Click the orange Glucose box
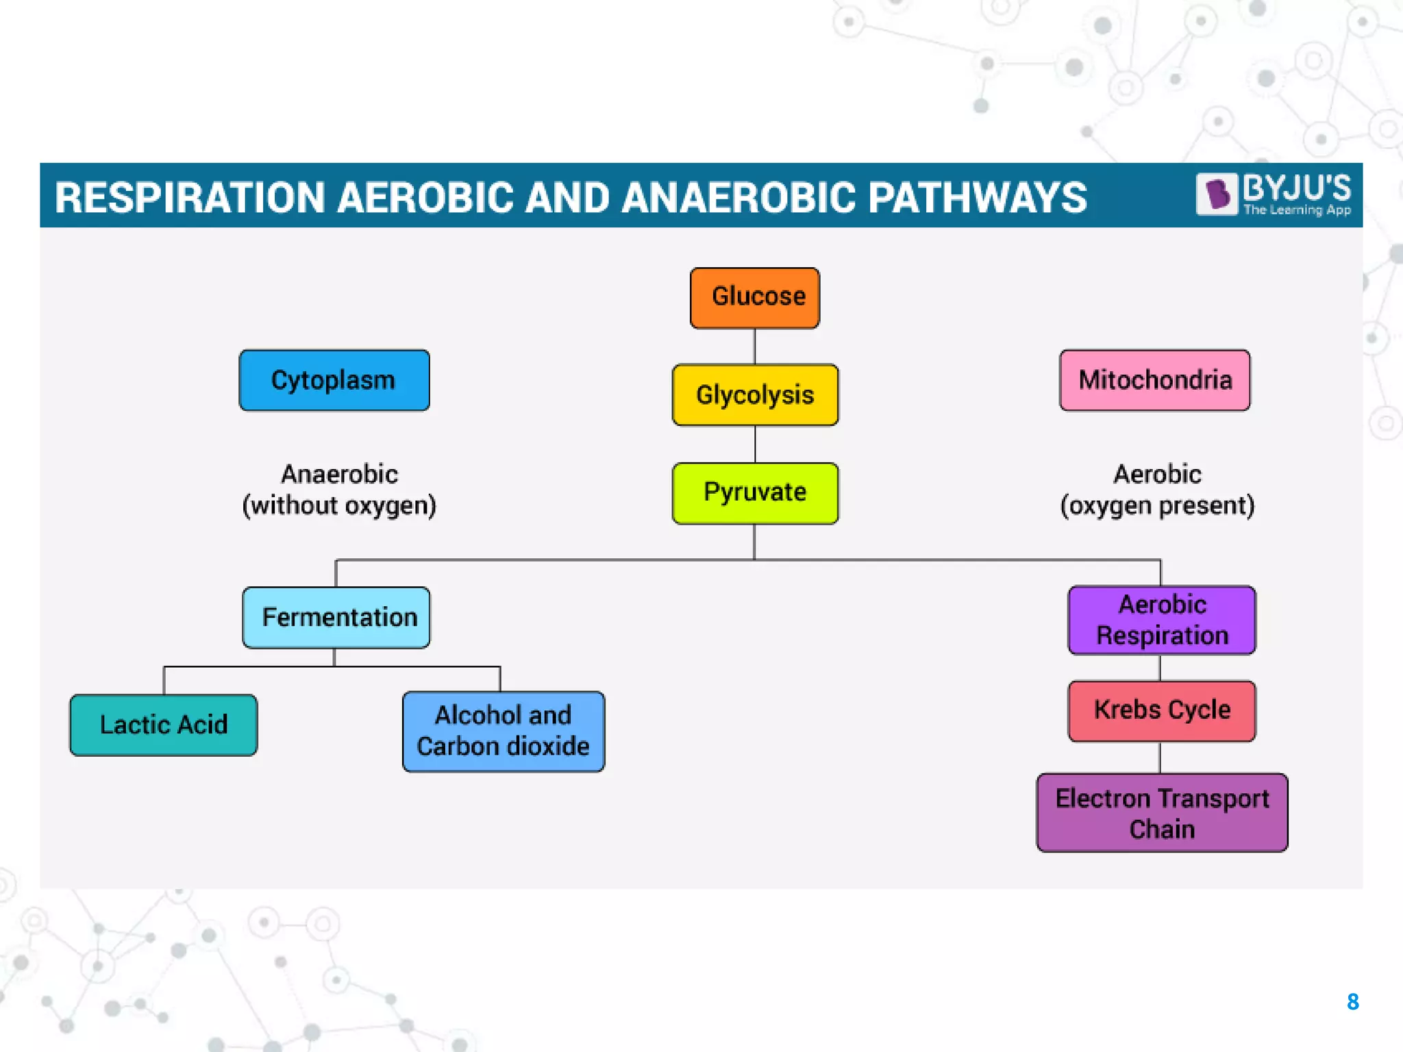tap(754, 298)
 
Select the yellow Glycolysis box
tap(755, 395)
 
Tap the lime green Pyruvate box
tap(755, 493)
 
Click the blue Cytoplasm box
tap(334, 381)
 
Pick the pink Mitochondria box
tap(1154, 381)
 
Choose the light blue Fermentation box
tap(336, 617)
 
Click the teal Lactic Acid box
tap(164, 725)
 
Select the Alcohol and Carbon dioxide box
tap(504, 731)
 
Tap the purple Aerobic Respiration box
tap(1162, 620)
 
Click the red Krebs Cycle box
tap(1162, 710)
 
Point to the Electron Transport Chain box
tap(1162, 813)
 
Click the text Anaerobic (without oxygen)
tap(339, 490)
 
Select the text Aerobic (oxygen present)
tap(1157, 490)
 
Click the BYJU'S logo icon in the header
tap(1217, 194)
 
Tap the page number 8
tap(1352, 1002)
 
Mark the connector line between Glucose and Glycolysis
tap(754, 346)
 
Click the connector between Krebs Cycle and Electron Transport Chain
tap(1160, 758)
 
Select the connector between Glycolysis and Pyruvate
tap(755, 444)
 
